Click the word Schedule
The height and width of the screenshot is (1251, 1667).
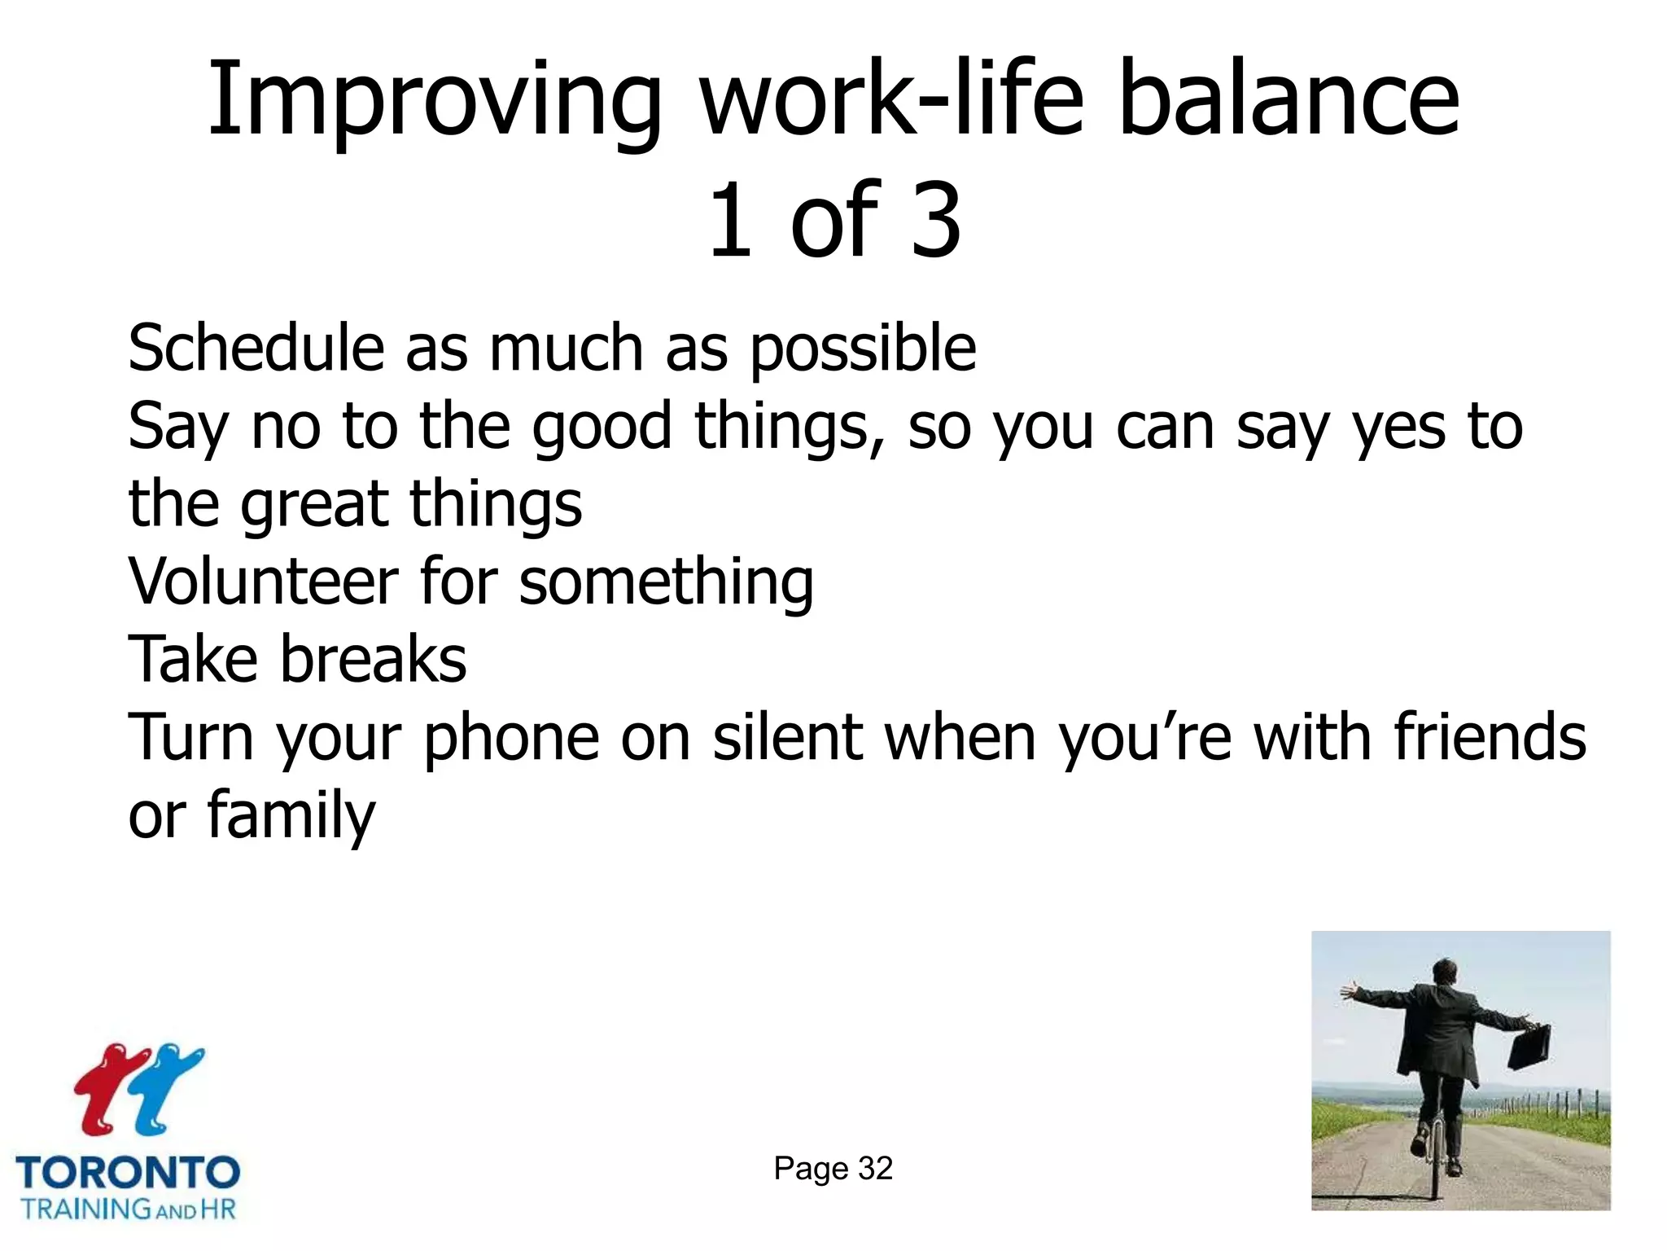[x=256, y=349]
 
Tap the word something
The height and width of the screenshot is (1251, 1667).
[x=666, y=583]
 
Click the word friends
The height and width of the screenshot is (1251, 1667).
[x=1490, y=736]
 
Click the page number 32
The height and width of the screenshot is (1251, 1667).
[x=875, y=1169]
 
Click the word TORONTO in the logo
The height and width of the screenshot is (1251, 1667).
[x=128, y=1173]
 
